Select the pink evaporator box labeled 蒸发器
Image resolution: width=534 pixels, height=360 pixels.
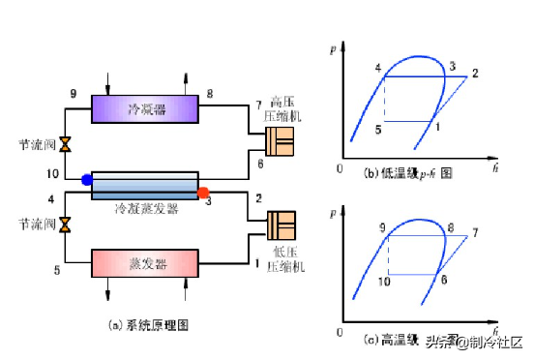pos(145,263)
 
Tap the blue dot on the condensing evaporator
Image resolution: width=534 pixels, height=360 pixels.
pos(87,179)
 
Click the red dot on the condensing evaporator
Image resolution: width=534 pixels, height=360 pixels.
pos(203,193)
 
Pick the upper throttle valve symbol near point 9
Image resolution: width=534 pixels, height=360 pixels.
pos(65,145)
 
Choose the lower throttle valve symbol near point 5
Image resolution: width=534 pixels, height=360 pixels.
pos(65,225)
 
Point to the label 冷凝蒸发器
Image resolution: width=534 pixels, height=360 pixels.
pos(145,207)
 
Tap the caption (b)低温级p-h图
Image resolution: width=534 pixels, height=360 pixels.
pos(407,173)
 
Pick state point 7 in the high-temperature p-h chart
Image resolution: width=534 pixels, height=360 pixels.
pos(475,233)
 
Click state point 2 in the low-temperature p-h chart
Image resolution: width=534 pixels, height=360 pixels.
pos(475,74)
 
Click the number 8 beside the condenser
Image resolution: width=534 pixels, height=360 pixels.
pos(210,93)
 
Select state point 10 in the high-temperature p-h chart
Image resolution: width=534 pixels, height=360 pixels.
pos(383,282)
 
